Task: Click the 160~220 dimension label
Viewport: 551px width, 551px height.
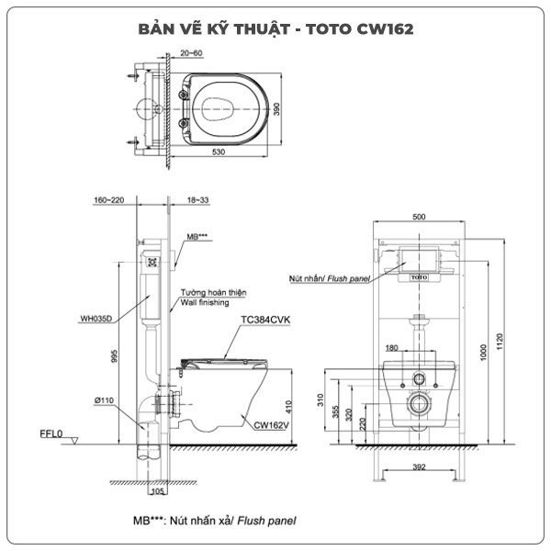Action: [x=110, y=198]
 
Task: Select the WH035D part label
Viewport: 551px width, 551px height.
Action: [x=98, y=320]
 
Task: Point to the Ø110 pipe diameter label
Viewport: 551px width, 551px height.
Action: [x=104, y=400]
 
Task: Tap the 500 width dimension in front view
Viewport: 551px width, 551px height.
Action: [x=419, y=218]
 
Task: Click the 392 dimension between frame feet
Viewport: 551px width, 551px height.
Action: [x=418, y=467]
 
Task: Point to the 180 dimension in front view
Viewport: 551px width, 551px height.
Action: [x=392, y=348]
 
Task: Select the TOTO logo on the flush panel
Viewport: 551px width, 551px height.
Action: [x=420, y=275]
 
